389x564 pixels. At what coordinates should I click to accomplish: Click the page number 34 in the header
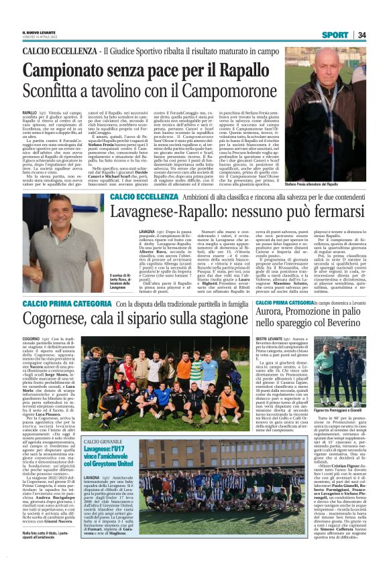point(362,35)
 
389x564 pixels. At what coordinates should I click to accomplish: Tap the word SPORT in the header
point(335,35)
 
